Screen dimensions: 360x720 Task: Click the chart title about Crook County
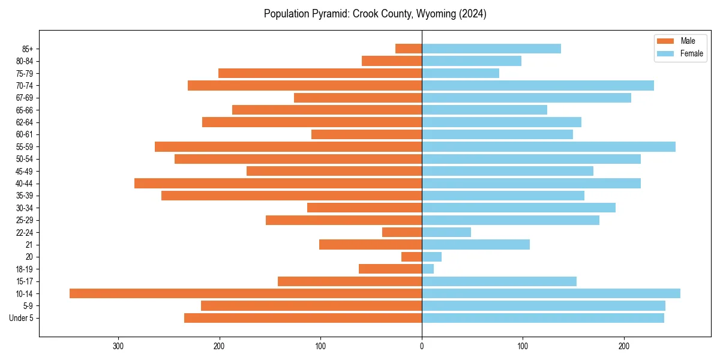click(x=375, y=14)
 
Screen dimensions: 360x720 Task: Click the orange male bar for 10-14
click(x=246, y=293)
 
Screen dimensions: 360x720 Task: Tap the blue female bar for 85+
click(x=491, y=49)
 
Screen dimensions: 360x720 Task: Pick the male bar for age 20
click(x=412, y=257)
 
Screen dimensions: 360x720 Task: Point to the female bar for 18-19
click(x=428, y=269)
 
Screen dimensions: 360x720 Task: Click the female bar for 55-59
click(x=548, y=146)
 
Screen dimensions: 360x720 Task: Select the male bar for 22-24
click(x=402, y=232)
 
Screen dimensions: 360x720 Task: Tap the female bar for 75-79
click(x=460, y=73)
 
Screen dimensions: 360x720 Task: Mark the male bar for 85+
click(x=409, y=49)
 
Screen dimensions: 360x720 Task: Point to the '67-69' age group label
click(x=25, y=98)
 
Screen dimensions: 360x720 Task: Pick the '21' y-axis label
click(x=29, y=245)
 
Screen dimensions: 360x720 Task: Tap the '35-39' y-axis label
click(x=25, y=196)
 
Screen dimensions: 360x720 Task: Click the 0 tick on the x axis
click(x=422, y=346)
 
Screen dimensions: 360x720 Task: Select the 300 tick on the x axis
click(x=118, y=346)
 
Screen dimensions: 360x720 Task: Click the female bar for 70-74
click(x=538, y=85)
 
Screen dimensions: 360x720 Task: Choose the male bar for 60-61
click(x=367, y=134)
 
